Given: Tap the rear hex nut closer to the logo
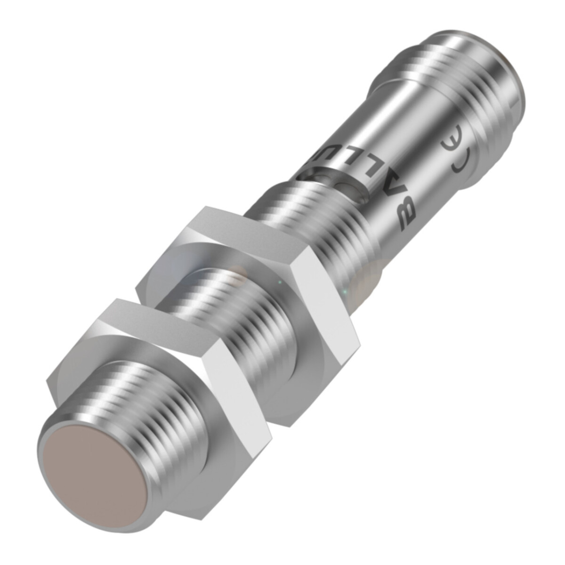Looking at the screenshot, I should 245,264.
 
